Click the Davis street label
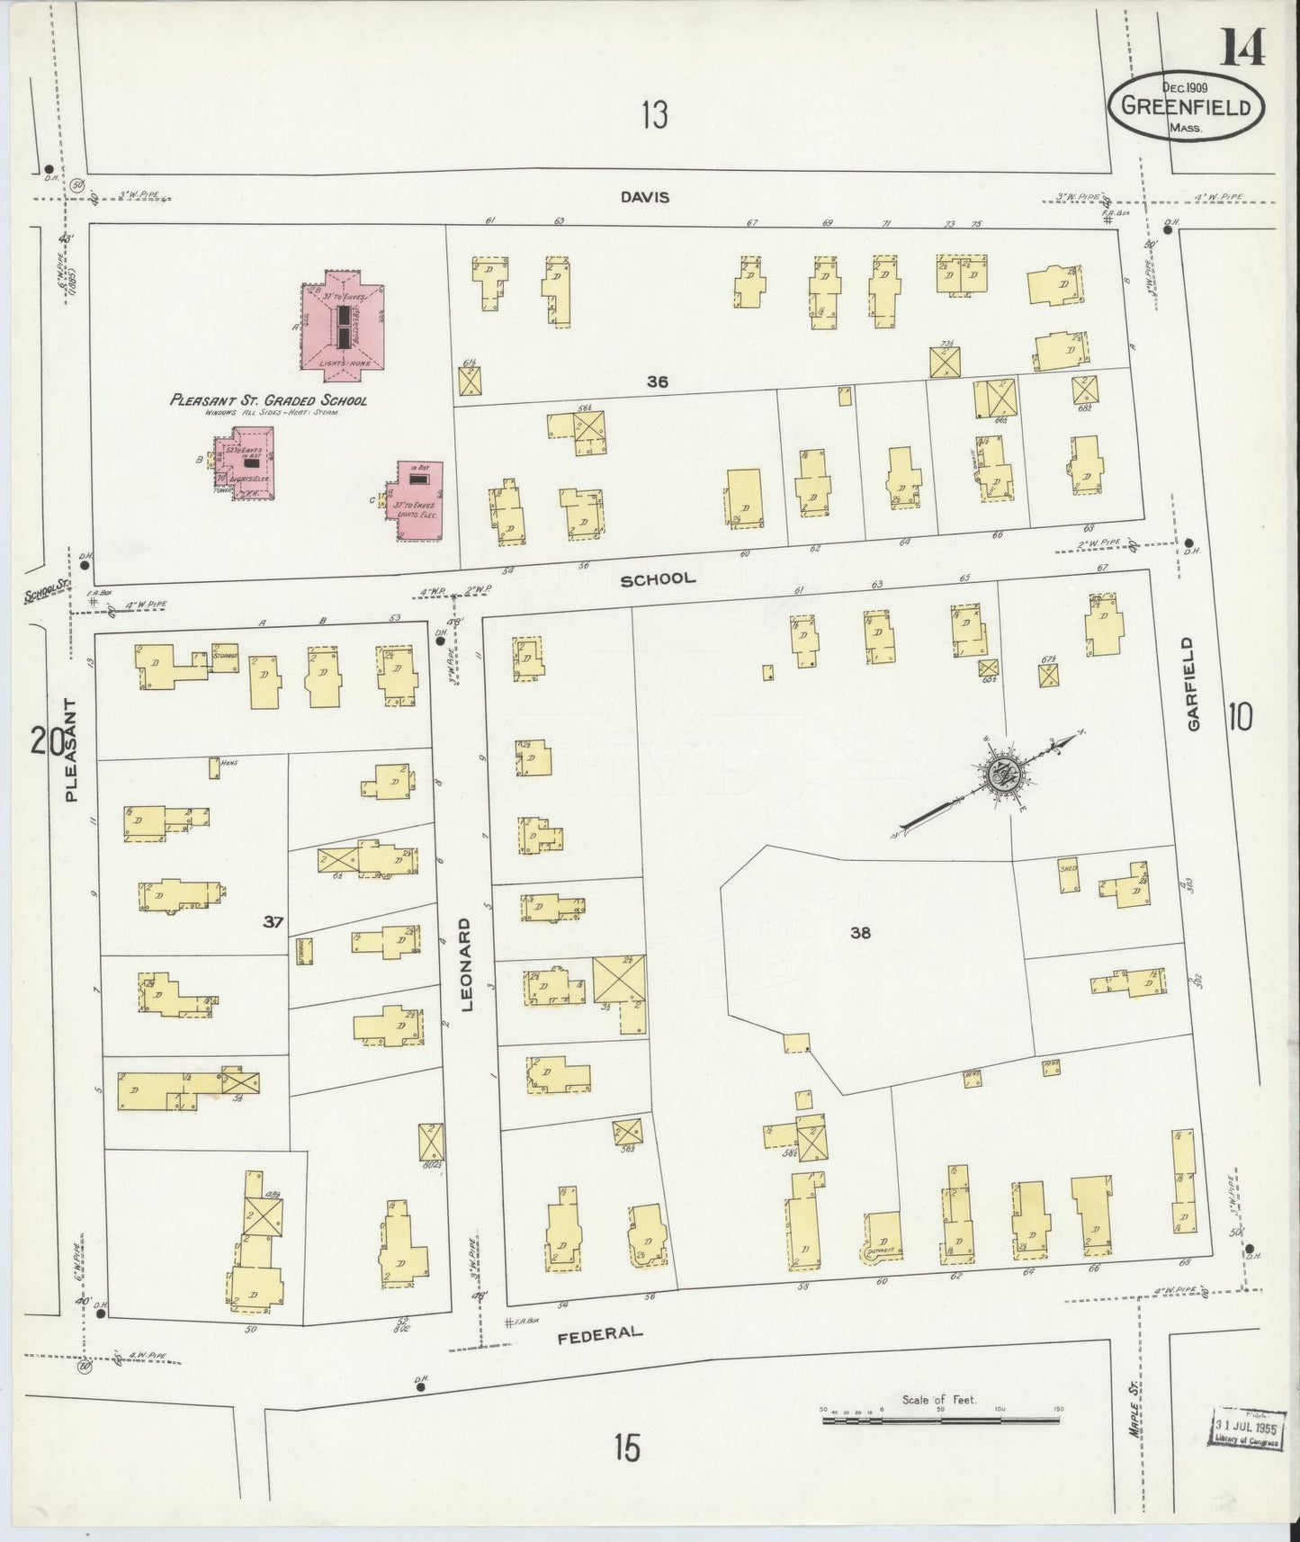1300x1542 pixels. [x=644, y=197]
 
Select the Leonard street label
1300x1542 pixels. [x=467, y=965]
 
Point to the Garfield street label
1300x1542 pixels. [x=1193, y=684]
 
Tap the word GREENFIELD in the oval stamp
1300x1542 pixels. [x=1186, y=107]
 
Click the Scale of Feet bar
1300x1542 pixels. [x=941, y=1421]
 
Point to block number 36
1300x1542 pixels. [x=658, y=381]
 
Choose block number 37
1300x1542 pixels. [x=273, y=921]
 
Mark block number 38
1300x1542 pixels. [x=860, y=933]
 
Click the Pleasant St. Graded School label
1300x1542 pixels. [x=268, y=400]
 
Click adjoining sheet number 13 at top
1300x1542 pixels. [x=654, y=115]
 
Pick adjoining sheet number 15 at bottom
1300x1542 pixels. [x=627, y=1448]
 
